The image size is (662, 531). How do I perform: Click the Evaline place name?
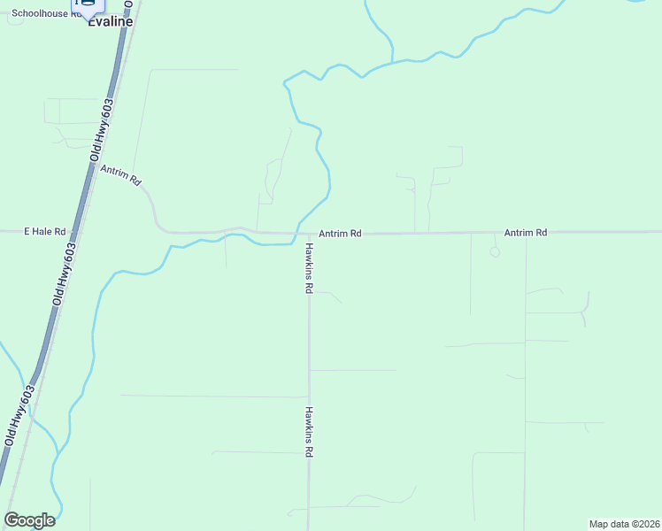pyautogui.click(x=110, y=21)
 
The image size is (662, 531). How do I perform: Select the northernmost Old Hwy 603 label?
pyautogui.click(x=102, y=128)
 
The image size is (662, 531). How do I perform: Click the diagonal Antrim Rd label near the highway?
pyautogui.click(x=121, y=175)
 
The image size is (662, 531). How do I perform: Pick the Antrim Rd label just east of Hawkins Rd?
pyautogui.click(x=341, y=234)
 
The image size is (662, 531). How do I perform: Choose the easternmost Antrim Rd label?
pyautogui.click(x=526, y=233)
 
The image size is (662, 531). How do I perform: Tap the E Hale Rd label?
pyautogui.click(x=45, y=232)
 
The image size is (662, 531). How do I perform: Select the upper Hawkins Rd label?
pyautogui.click(x=309, y=267)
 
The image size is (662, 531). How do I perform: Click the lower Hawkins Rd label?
pyautogui.click(x=309, y=431)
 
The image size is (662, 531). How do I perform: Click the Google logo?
pyautogui.click(x=29, y=520)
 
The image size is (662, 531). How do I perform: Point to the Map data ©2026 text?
pyautogui.click(x=624, y=524)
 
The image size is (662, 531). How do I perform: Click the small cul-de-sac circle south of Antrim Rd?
pyautogui.click(x=495, y=252)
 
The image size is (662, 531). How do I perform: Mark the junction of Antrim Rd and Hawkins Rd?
pyautogui.click(x=309, y=235)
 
